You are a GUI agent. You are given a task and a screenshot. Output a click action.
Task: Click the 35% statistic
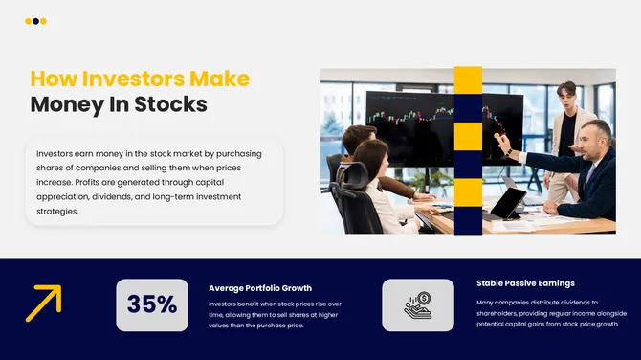pos(152,304)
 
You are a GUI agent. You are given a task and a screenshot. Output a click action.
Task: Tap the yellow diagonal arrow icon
pos(43,303)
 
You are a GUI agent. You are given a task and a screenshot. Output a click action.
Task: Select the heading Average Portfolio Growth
pos(260,287)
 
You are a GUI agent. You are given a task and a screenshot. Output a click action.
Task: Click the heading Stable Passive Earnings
pos(525,283)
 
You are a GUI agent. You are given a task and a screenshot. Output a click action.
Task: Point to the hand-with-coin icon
pos(418,304)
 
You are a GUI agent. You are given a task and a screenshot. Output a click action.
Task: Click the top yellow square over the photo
pos(468,80)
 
